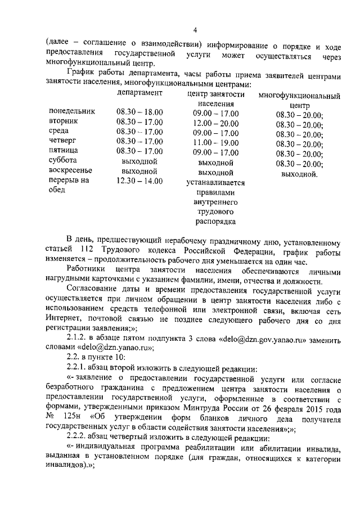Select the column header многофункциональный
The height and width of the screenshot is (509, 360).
[x=299, y=96]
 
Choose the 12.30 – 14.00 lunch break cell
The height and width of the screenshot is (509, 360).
[x=139, y=181]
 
